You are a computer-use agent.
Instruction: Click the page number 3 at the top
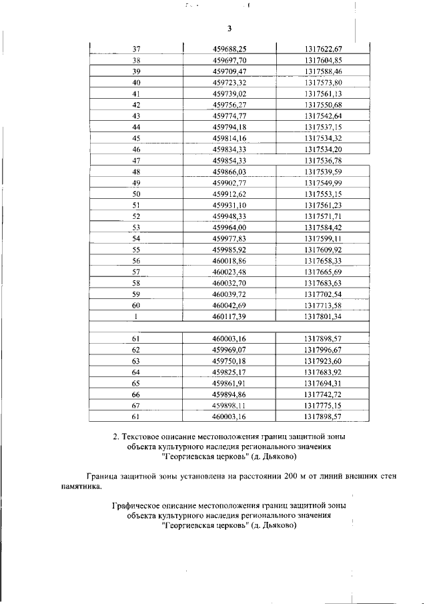point(229,28)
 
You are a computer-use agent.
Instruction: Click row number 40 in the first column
point(136,82)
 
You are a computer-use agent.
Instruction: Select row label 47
point(136,160)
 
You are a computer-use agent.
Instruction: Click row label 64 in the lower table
point(136,372)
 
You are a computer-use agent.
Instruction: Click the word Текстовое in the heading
point(143,436)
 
